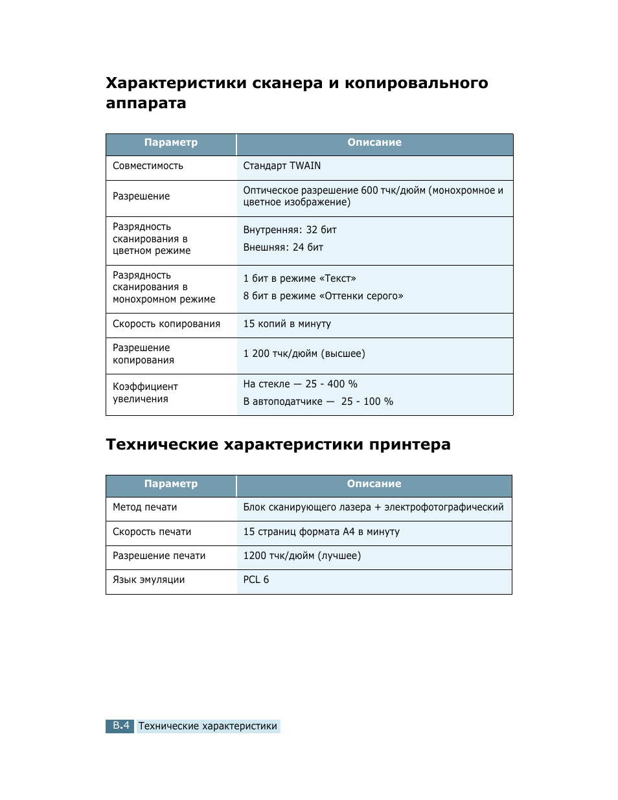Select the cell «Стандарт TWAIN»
click(x=282, y=166)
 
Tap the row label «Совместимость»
click(x=148, y=166)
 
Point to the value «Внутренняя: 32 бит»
click(x=290, y=230)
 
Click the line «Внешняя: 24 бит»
click(x=283, y=247)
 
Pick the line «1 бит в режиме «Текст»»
click(x=299, y=279)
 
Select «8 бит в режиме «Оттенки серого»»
click(x=323, y=296)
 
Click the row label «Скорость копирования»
click(x=166, y=324)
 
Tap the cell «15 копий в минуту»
click(x=287, y=324)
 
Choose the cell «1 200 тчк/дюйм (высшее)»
click(x=304, y=354)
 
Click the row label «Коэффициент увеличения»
click(x=145, y=393)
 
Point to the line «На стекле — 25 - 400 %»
click(x=300, y=384)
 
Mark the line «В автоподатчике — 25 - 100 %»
click(x=318, y=402)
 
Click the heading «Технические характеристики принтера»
click(x=278, y=444)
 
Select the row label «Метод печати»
click(x=144, y=507)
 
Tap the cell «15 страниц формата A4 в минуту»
click(x=321, y=532)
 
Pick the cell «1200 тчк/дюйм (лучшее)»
click(x=302, y=556)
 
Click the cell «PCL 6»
click(x=256, y=580)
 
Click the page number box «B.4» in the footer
click(x=120, y=726)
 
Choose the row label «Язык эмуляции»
click(x=148, y=580)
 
